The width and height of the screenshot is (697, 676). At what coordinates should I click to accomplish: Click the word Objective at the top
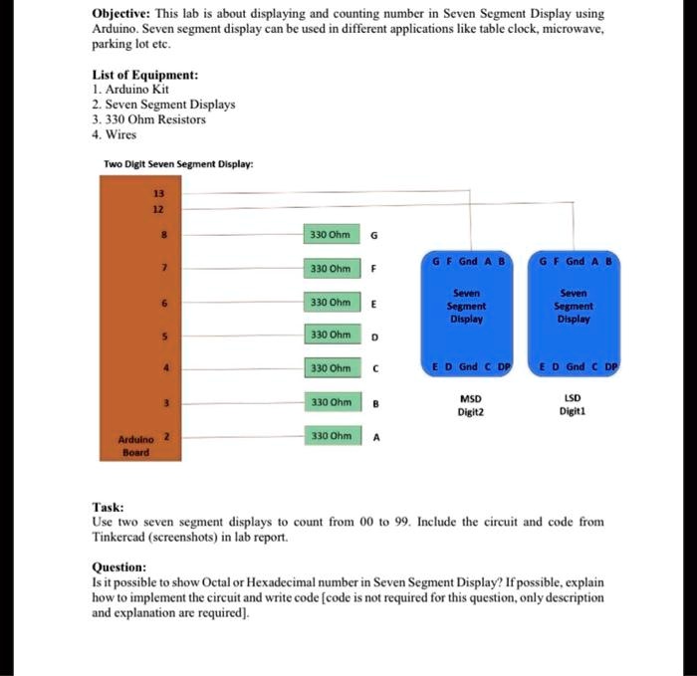pyautogui.click(x=122, y=15)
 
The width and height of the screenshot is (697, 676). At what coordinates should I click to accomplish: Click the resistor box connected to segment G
pyautogui.click(x=330, y=235)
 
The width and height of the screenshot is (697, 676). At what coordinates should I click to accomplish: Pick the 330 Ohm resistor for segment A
pyautogui.click(x=330, y=435)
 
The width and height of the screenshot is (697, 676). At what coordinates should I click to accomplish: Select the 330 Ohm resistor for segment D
pyautogui.click(x=330, y=336)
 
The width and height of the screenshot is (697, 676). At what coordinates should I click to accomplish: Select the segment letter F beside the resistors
pyautogui.click(x=373, y=269)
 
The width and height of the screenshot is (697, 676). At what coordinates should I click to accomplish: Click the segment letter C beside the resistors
pyautogui.click(x=373, y=369)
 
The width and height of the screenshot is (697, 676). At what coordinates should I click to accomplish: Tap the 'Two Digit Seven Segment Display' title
pyautogui.click(x=178, y=163)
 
